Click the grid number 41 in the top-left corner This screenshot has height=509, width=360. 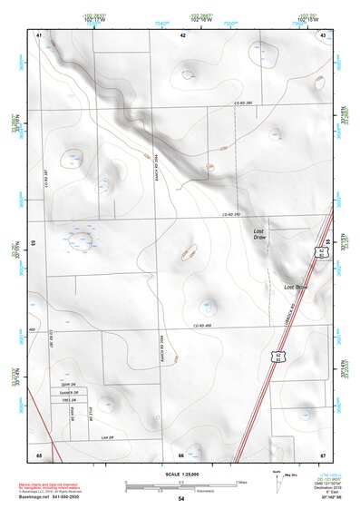pos(39,34)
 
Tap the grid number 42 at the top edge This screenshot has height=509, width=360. pos(182,34)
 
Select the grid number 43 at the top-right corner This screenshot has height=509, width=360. pos(324,34)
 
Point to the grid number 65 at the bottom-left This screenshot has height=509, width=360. pos(39,454)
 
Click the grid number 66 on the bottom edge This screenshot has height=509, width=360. pos(181,454)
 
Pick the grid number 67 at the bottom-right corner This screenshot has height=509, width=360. pos(323,454)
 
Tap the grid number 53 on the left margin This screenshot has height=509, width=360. pos(34,243)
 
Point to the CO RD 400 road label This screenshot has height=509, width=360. pos(201,325)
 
